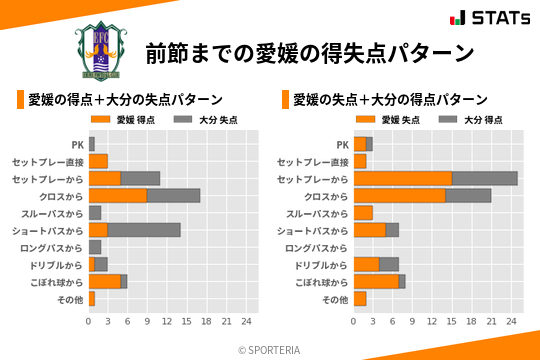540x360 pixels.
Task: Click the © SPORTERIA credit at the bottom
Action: tap(270, 349)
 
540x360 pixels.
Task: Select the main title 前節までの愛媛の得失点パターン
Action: tap(309, 52)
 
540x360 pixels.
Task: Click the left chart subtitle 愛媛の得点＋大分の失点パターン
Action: tap(125, 100)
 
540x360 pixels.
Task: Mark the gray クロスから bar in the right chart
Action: tap(468, 195)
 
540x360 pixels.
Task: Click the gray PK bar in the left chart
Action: tap(92, 144)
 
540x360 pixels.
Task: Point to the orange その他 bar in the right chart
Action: tap(360, 298)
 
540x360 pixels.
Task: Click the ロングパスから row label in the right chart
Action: tap(316, 247)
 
